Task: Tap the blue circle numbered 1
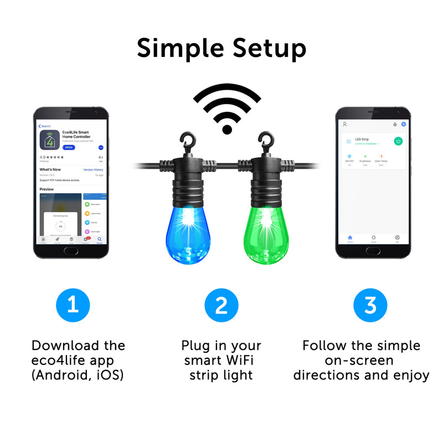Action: (73, 306)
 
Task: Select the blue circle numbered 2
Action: (221, 306)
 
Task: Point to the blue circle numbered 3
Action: (370, 306)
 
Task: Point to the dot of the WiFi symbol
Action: (226, 129)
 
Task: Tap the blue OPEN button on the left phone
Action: (68, 147)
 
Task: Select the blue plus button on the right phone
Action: (404, 124)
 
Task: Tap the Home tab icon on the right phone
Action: (350, 238)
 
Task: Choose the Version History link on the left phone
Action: (93, 169)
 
